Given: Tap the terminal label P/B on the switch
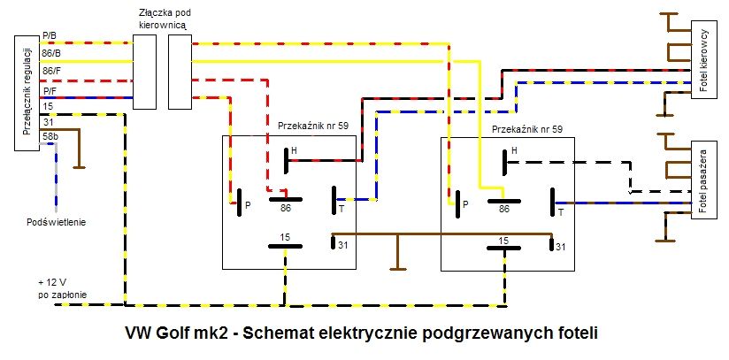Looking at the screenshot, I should click(x=50, y=35).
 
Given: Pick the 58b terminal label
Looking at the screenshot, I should click(x=50, y=135).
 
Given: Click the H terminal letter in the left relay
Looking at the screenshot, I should click(x=294, y=150).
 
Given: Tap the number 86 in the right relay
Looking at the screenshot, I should click(x=504, y=210).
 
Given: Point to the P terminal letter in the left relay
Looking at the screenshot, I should click(x=247, y=204).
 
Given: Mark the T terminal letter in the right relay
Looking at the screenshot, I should click(x=561, y=212).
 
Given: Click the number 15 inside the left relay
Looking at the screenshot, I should click(x=285, y=236).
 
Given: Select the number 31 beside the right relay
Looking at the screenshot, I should click(x=561, y=245).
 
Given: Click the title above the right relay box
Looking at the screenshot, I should click(x=526, y=129).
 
